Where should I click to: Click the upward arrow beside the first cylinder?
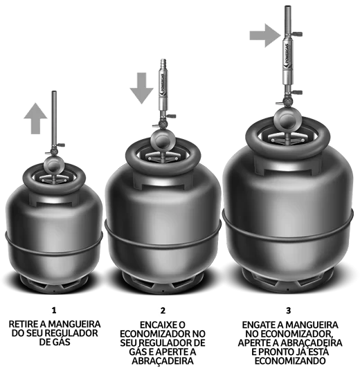[x=35, y=119]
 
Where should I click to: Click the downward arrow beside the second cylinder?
[x=142, y=88]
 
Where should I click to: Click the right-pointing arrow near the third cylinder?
[x=265, y=35]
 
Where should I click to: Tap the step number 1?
[x=54, y=311]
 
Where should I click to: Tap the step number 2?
[x=163, y=311]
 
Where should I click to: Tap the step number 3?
[x=289, y=311]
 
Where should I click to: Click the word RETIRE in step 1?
[x=23, y=324]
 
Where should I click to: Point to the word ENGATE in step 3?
[x=258, y=325]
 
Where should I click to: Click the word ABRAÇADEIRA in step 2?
[x=163, y=361]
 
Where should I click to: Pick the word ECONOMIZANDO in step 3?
[x=290, y=360]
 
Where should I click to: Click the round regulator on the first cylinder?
[x=54, y=165]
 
